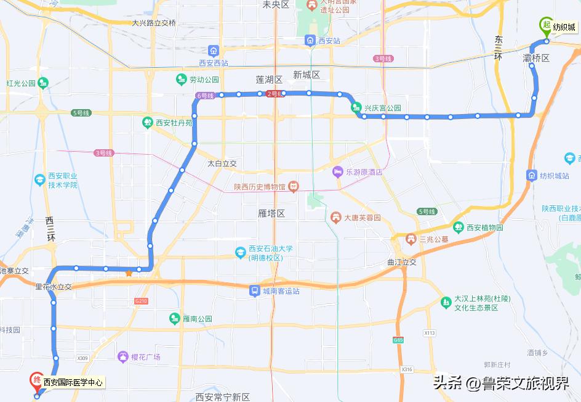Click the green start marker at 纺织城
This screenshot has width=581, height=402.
click(x=545, y=25)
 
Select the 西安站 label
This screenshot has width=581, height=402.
click(x=329, y=41)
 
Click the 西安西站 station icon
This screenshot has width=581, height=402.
click(x=214, y=51)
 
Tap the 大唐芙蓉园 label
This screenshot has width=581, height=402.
click(x=363, y=218)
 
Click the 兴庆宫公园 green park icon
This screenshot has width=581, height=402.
click(x=356, y=108)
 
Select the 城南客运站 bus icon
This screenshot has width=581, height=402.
click(x=254, y=290)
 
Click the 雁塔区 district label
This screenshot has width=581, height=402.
click(x=271, y=213)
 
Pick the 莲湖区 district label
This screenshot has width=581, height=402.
click(x=269, y=80)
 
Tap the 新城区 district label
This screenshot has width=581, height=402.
click(x=307, y=75)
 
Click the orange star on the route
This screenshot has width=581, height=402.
click(x=129, y=273)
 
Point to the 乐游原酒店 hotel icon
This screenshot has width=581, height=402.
click(x=337, y=171)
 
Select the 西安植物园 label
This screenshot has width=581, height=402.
click(x=484, y=227)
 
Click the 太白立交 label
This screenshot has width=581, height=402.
click(x=222, y=164)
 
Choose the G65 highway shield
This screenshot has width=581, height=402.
click(x=399, y=340)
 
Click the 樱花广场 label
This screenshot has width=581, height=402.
click(x=145, y=357)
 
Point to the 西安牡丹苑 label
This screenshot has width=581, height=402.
click(x=174, y=122)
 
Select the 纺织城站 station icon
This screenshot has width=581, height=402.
click(x=532, y=176)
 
